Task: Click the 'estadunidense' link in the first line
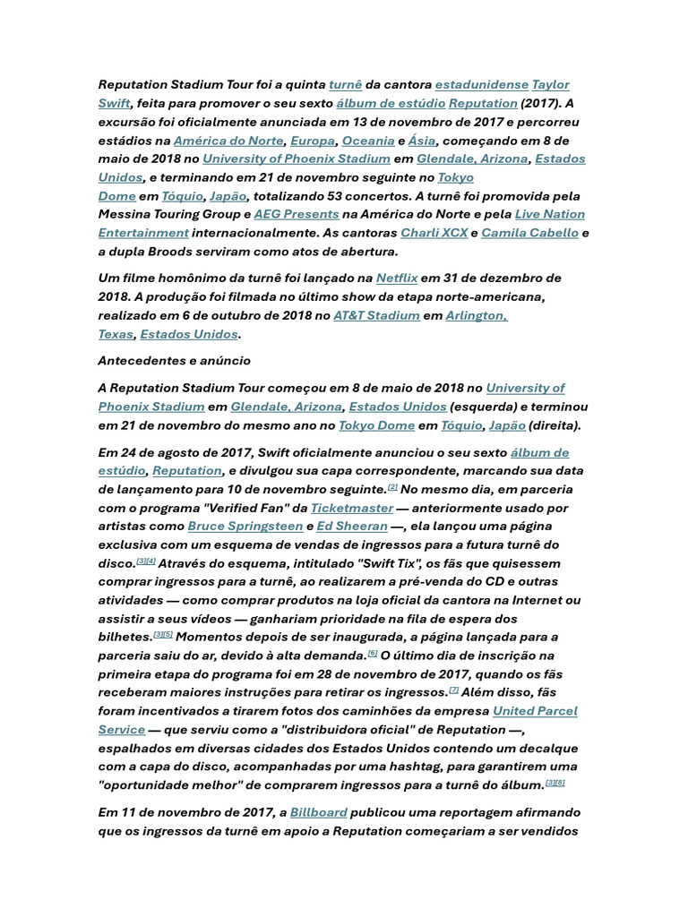[481, 85]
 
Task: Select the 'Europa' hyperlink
[313, 141]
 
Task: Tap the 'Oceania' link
[368, 141]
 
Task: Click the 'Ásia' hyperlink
[422, 141]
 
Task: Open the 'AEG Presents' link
[297, 214]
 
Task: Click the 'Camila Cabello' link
[529, 233]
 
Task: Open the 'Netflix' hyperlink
[397, 279]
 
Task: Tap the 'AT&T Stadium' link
[376, 315]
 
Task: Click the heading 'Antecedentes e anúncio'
[174, 361]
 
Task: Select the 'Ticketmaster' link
[352, 508]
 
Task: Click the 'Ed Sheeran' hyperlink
[352, 527]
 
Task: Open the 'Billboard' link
[318, 812]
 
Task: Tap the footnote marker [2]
[392, 487]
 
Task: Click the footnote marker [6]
[373, 653]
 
